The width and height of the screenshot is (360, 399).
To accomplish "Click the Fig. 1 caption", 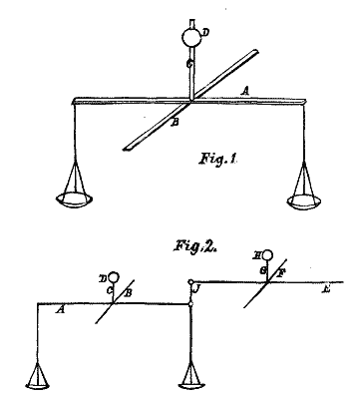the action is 217,158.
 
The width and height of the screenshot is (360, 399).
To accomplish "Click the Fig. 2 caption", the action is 195,246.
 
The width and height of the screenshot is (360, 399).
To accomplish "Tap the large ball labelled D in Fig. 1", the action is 191,37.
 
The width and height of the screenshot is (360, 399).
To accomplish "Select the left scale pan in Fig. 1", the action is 74,199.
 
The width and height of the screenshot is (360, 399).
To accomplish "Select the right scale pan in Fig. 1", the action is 304,202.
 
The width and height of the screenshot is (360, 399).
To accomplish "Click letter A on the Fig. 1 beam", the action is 245,91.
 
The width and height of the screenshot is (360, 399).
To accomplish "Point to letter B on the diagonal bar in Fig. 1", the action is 175,123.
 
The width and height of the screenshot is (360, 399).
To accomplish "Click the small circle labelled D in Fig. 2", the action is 114,276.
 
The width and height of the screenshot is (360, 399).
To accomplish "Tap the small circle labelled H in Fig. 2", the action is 268,255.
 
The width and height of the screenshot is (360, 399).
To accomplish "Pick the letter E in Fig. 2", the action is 326,289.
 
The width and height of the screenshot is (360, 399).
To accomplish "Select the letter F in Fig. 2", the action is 281,273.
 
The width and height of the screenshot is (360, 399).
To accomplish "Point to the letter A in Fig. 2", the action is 60,310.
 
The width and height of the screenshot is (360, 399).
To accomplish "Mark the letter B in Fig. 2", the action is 129,293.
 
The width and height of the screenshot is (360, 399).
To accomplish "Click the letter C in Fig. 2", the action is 109,290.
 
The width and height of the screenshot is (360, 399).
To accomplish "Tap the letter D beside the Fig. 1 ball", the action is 205,33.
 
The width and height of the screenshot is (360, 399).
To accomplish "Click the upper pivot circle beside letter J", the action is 190,282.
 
